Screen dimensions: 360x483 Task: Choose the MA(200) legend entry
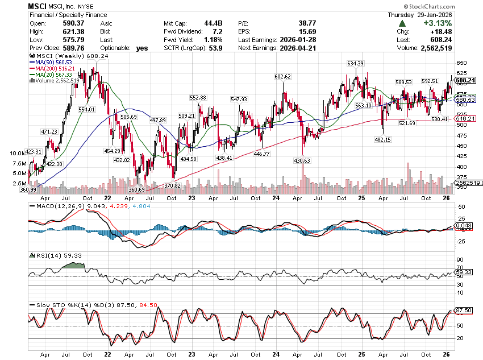coord(56,68)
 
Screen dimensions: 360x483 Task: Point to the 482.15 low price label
coord(382,139)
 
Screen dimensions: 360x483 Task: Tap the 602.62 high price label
coord(282,76)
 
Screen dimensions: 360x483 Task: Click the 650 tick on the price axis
coord(461,63)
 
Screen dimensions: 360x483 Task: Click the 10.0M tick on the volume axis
coord(19,154)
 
